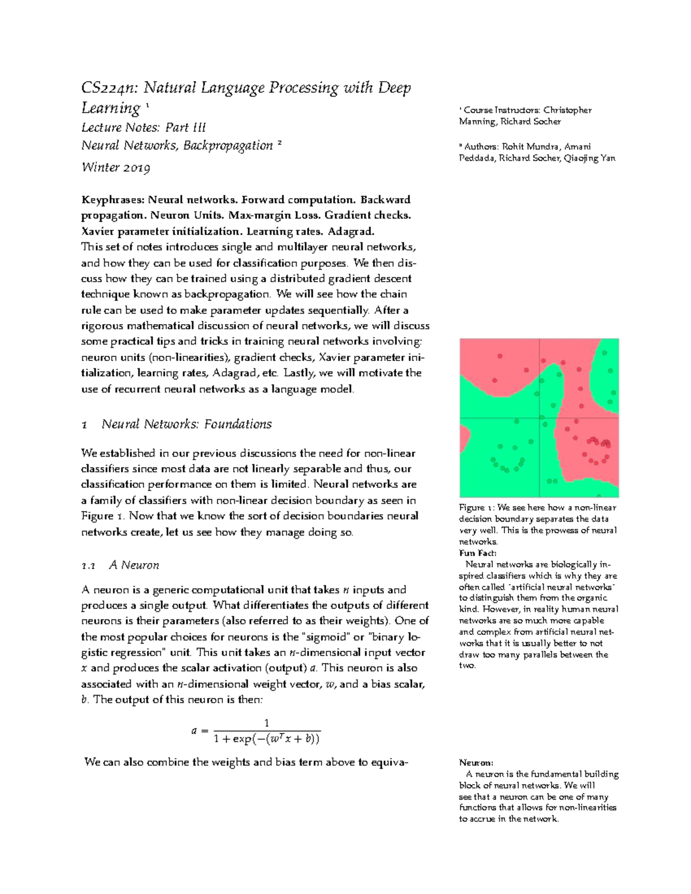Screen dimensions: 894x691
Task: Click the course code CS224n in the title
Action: [x=108, y=88]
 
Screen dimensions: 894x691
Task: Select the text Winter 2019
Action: [x=116, y=168]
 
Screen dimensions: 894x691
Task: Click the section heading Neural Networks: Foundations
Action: [x=186, y=424]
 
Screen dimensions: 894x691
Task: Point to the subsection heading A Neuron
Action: [x=134, y=565]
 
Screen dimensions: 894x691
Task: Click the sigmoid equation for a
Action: [x=256, y=731]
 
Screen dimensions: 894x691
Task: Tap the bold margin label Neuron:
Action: [x=476, y=763]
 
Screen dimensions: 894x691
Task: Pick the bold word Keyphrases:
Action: [x=113, y=200]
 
